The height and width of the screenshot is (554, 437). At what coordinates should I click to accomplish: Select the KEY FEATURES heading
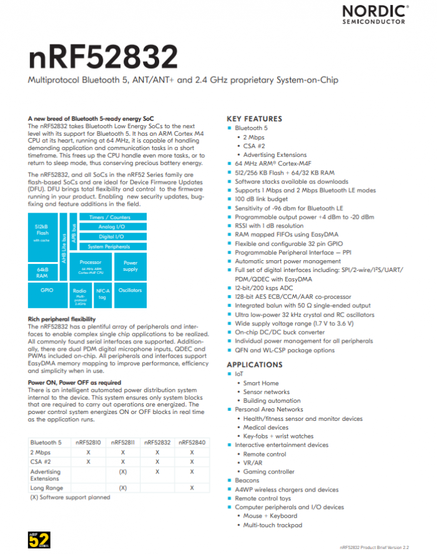(254, 119)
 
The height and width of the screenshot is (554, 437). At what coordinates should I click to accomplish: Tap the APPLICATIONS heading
(254, 365)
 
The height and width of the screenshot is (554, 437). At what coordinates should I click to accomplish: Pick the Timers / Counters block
(110, 218)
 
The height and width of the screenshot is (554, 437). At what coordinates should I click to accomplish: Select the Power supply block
(131, 266)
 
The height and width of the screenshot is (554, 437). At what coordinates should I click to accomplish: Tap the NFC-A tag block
(102, 293)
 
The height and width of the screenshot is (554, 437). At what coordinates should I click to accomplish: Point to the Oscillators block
(130, 290)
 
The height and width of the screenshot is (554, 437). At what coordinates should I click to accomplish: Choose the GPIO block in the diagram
(47, 290)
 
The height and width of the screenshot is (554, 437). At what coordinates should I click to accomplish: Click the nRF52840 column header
(192, 442)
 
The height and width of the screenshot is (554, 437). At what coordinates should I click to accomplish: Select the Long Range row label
(46, 487)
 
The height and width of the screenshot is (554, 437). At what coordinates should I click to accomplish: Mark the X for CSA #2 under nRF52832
(157, 461)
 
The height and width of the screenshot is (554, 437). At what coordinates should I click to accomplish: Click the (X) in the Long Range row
(123, 487)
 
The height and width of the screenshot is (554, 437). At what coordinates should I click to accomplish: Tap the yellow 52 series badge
(36, 540)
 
